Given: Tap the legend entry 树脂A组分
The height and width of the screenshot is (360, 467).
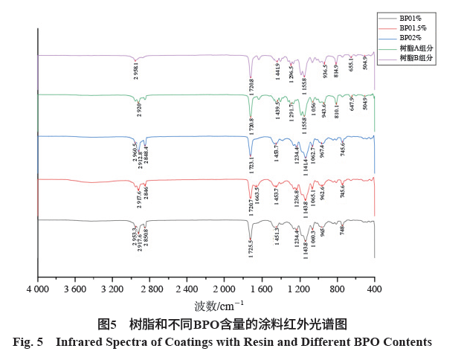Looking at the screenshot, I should point(416,48).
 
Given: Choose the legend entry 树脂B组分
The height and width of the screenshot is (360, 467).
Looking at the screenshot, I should point(416,58).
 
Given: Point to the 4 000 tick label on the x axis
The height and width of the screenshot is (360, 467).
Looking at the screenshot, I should point(37,288).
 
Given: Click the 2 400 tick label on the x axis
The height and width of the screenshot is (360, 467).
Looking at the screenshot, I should point(187,288).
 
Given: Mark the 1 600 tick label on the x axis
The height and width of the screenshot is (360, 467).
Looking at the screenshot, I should point(262,288).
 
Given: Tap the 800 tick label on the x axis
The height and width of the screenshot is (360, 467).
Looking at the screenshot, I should point(337,288).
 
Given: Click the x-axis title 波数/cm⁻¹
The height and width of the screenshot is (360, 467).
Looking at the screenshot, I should point(219,305).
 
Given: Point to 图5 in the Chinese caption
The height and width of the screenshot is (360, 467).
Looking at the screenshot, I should point(108,324).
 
